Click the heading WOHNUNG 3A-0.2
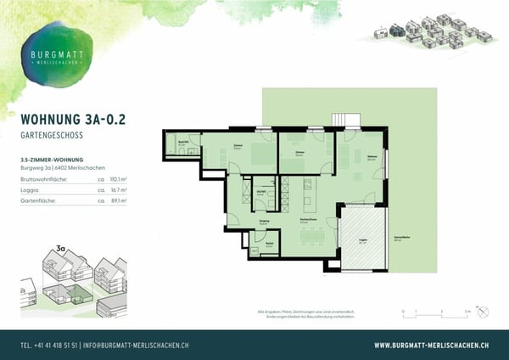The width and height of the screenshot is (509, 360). pos(72,120)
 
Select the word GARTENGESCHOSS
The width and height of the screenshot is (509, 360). pos(54,135)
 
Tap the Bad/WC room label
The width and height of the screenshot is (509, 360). pos(181,144)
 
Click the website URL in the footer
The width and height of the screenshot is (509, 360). pos(431,346)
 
